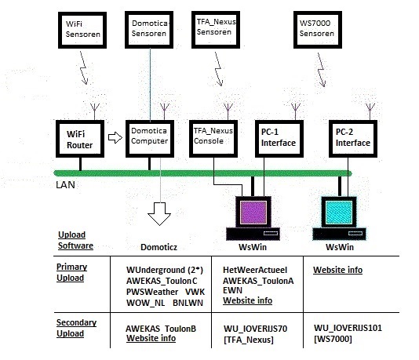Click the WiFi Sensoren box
coord(82,30)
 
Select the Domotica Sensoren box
coord(149,30)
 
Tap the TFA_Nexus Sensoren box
coord(216,30)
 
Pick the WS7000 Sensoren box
coord(318,30)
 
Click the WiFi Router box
coord(80,139)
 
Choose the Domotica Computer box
coord(150,139)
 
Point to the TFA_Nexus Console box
coord(213,139)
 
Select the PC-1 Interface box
coord(279,139)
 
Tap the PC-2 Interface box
coord(353,139)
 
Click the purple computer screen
coord(253,213)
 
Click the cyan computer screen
coord(339,213)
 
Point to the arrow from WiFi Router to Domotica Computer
coord(115,137)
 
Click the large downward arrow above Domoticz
coord(159,214)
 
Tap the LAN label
coord(65,185)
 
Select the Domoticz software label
coord(159,247)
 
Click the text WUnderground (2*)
coord(165,270)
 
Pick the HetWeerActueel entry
coord(255,270)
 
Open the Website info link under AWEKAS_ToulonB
coord(151,338)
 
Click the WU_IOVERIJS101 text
coord(348,328)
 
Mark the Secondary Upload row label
coord(76,328)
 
